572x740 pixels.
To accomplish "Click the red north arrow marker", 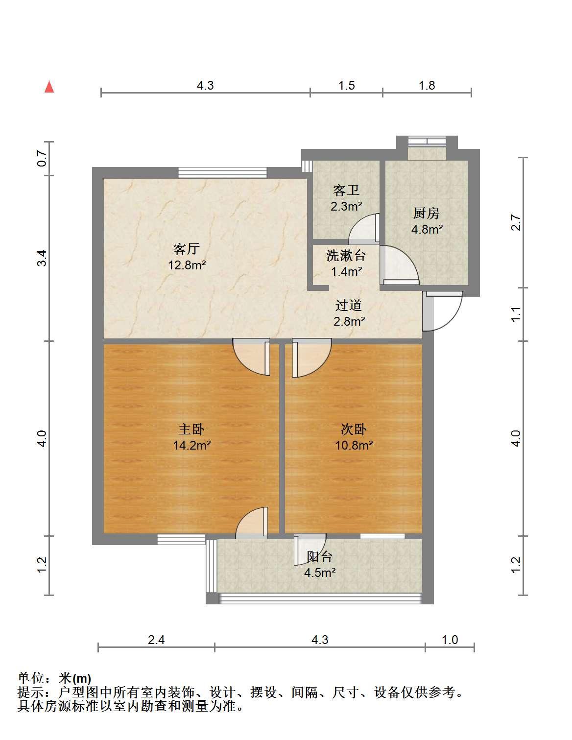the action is tap(49, 87).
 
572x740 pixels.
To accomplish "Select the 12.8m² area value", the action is tap(187, 265).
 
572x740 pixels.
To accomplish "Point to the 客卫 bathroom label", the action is tap(346, 190).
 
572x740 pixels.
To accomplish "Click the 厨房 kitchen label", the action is tap(426, 213).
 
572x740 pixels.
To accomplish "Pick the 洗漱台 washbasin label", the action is tap(346, 256).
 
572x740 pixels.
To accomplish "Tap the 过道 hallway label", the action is tap(348, 305).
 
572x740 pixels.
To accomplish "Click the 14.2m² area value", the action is tap(192, 445).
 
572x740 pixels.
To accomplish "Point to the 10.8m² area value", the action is tap(354, 445).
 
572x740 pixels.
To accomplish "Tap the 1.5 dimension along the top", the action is tap(347, 85).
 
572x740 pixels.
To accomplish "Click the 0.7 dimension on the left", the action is tap(42, 158).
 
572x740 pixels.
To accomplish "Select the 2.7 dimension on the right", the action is tap(516, 222).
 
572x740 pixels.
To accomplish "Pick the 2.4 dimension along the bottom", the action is tap(156, 640).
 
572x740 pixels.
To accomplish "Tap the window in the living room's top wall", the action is tap(223, 172).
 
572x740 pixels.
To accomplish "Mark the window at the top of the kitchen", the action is tap(427, 141).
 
